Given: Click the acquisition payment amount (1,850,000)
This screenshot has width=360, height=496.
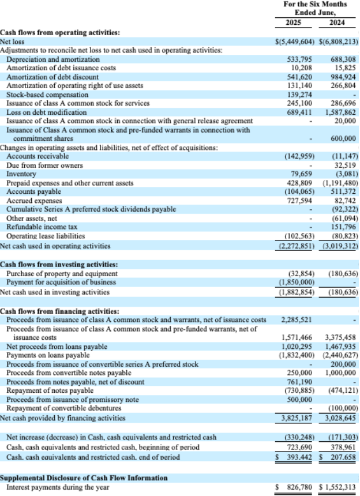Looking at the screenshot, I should pyautogui.click(x=295, y=281).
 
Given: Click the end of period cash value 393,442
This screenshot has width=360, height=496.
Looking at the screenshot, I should pyautogui.click(x=296, y=457).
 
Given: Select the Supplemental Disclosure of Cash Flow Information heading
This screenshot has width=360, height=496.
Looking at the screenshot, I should pyautogui.click(x=84, y=478).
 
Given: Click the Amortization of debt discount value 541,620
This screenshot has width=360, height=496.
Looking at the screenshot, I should pyautogui.click(x=299, y=77).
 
